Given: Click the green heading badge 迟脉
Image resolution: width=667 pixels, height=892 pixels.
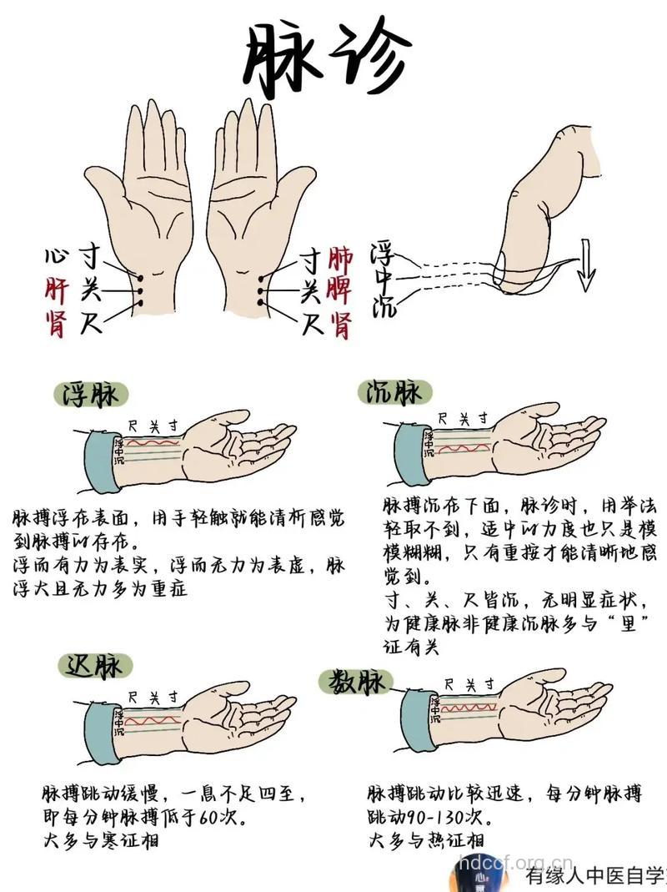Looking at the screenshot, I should (x=96, y=664).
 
